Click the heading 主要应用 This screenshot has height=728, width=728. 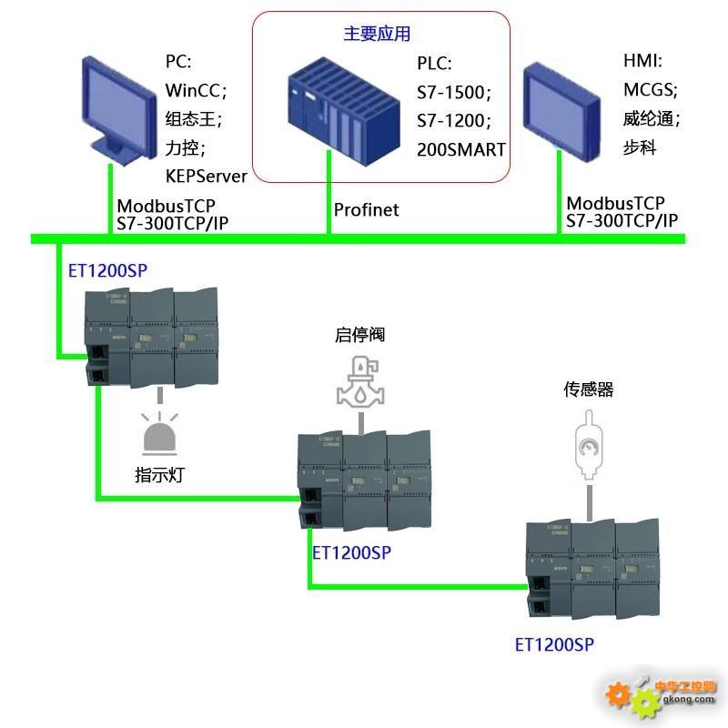(377, 35)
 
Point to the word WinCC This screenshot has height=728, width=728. (193, 90)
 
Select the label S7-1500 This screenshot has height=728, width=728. (453, 92)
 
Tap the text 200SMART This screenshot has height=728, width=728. (460, 149)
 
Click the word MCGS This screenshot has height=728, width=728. (649, 89)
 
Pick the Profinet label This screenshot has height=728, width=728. (366, 210)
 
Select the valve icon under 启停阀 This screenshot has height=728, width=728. (359, 381)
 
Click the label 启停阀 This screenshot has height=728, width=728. (359, 335)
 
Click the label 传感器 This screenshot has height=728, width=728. (589, 390)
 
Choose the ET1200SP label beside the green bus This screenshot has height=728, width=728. (107, 271)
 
